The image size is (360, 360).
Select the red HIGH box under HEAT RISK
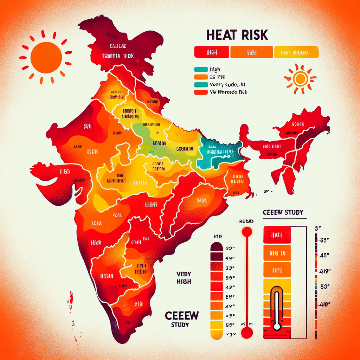coord(212,52)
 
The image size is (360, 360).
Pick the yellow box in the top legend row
coord(296,52)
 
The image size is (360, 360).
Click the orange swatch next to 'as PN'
coord(200,77)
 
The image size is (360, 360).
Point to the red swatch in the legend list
coord(200,92)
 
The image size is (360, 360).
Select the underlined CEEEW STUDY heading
coord(283,213)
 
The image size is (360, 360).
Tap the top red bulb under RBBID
coord(247,232)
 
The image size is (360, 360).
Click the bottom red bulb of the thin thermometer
coord(247,332)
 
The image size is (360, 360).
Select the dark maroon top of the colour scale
coord(216,248)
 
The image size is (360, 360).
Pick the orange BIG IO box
coord(277,253)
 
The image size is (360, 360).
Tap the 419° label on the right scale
coord(323,271)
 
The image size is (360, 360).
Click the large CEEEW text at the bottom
coord(181,315)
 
